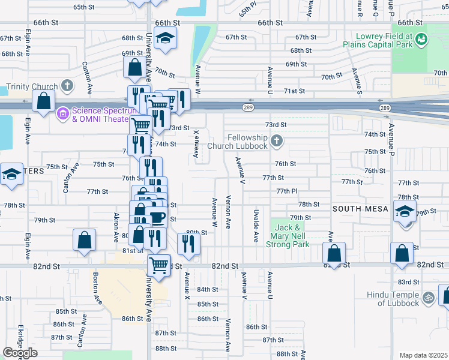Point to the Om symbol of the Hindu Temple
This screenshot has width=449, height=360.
tap(429, 297)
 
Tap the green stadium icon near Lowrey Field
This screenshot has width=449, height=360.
tap(423, 39)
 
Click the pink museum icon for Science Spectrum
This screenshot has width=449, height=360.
tap(62, 113)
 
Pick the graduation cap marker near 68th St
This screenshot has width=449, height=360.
tap(164, 38)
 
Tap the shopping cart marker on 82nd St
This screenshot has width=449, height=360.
tap(158, 264)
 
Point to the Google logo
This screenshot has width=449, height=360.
tap(20, 353)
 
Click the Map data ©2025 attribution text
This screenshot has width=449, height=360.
tap(423, 355)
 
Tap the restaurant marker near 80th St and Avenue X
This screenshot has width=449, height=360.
tap(189, 244)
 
